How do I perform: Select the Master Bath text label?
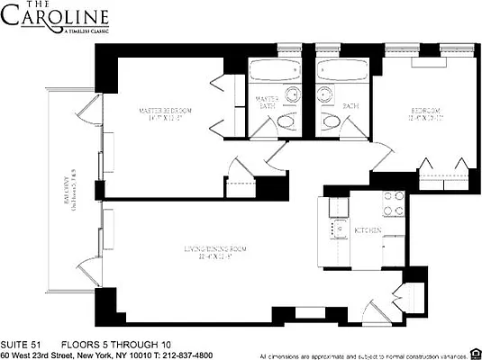(x=267, y=103)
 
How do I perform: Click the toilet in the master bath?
(x=287, y=121)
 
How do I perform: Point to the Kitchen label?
(x=368, y=231)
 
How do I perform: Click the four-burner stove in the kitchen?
(x=393, y=204)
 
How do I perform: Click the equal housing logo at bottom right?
(x=475, y=354)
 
